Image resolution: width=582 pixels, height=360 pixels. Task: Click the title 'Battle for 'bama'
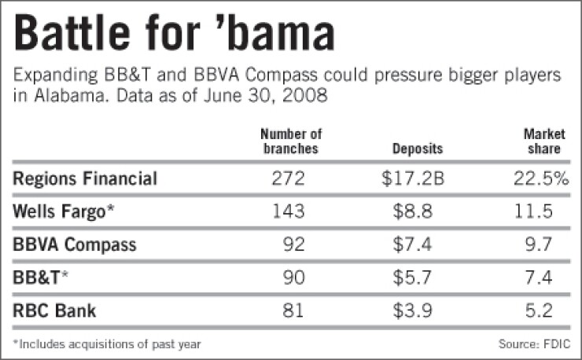(175, 35)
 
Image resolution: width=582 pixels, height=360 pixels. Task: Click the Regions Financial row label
(85, 178)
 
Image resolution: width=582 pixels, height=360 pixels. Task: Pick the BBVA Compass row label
(75, 244)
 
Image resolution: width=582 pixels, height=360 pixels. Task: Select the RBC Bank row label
(54, 310)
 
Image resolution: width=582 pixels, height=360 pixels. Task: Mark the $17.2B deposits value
(414, 178)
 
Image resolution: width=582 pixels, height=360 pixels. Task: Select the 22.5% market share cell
(539, 178)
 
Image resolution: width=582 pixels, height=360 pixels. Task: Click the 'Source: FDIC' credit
(534, 343)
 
